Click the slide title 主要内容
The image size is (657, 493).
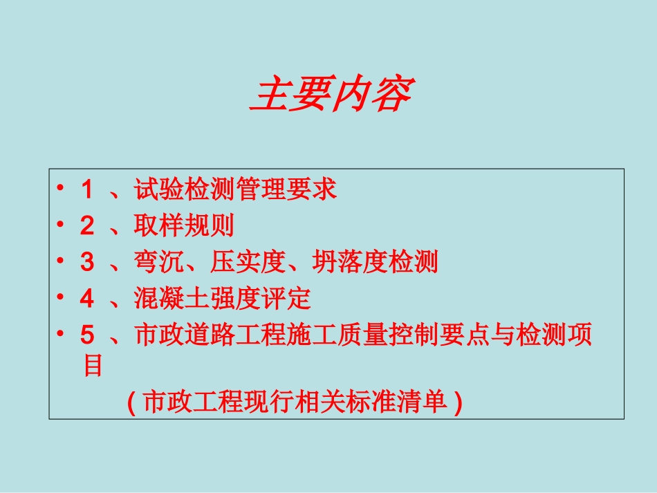[x=331, y=95]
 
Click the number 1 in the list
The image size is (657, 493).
[x=86, y=189]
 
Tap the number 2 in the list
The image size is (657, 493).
[x=86, y=226]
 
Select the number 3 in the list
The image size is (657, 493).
[x=86, y=263]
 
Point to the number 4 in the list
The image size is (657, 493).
[x=86, y=299]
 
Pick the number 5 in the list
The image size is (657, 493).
[x=86, y=336]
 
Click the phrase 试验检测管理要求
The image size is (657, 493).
[x=235, y=189]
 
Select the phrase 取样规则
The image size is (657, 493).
[x=184, y=226]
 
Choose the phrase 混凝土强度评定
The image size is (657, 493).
[x=223, y=299]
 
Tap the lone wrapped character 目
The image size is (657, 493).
[x=93, y=365]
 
